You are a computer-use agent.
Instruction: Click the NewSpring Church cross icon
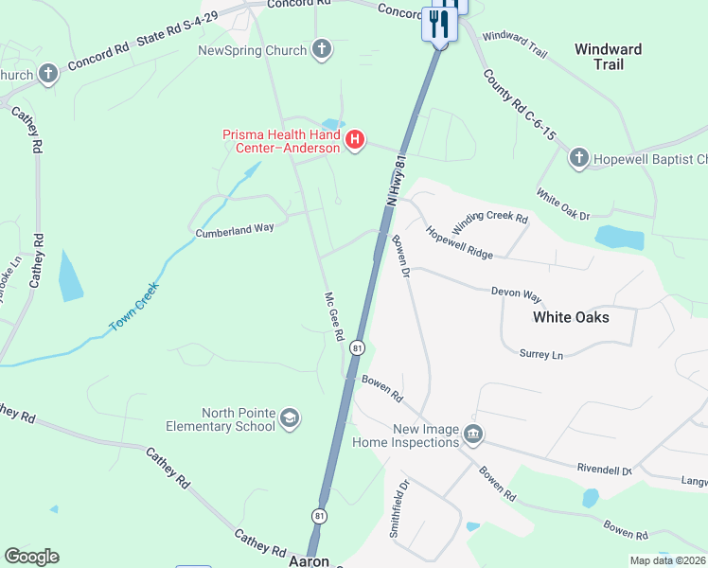322,50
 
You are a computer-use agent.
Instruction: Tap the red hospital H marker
355,141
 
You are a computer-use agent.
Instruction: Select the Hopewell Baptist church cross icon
579,159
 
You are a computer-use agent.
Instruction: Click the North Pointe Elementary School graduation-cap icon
290,418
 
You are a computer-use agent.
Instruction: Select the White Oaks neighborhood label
571,317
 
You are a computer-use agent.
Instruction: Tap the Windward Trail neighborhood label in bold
609,57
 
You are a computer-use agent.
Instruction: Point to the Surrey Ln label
540,354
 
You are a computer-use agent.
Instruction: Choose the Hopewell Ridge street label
459,242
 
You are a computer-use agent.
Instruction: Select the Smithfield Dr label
398,508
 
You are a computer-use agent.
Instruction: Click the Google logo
32,557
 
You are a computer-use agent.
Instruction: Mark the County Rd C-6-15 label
518,104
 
